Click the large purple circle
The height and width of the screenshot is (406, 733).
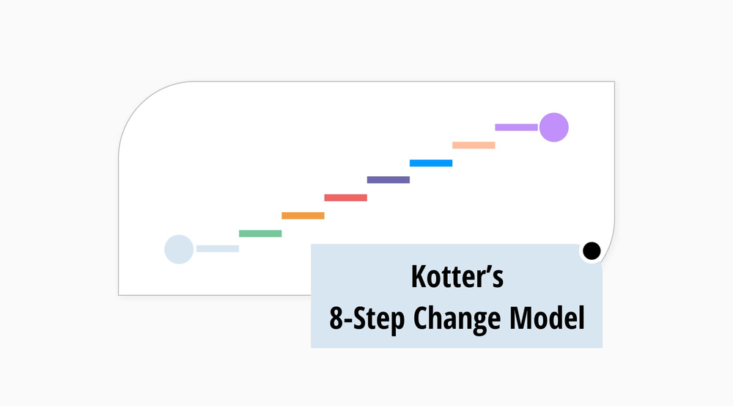553,127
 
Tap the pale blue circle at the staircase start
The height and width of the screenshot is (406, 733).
179,249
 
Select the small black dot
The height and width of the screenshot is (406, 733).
591,250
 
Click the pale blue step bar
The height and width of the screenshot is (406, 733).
218,249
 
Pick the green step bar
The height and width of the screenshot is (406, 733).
260,233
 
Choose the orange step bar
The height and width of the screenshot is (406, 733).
303,216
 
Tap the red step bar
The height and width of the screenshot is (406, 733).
345,197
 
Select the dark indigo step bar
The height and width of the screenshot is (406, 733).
388,180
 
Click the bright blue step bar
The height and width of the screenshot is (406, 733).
431,163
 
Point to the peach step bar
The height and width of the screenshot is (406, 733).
474,145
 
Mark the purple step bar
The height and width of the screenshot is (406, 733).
516,127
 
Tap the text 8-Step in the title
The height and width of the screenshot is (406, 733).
366,319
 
